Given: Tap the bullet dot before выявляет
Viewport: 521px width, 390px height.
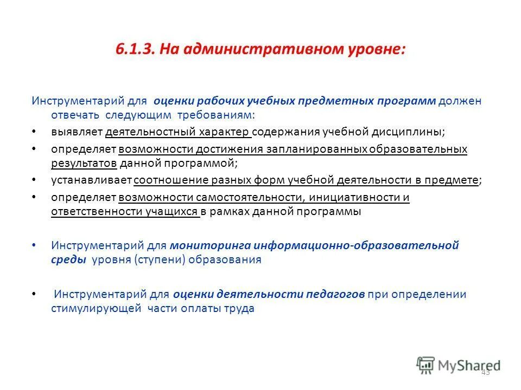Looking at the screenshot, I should (34, 132).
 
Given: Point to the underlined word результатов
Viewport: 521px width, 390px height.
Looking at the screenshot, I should (84, 162).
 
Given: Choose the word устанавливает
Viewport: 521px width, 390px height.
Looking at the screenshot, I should (91, 180).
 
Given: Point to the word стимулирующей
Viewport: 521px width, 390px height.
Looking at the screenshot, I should (91, 309).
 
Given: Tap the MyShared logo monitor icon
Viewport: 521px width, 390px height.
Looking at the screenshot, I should (425, 365).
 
